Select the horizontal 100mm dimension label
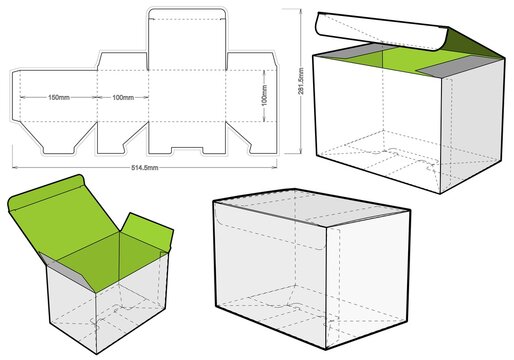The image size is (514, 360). (122, 98)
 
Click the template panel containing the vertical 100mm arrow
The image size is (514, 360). (240, 100)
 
